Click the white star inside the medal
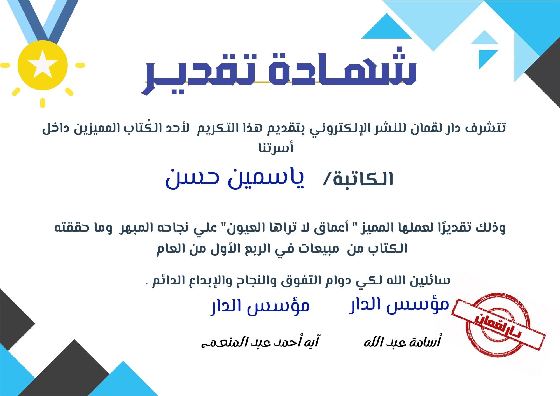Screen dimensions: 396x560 pyautogui.click(x=42, y=64)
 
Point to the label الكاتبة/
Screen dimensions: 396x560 pyautogui.click(x=358, y=179)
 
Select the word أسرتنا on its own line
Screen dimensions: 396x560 pyautogui.click(x=276, y=148)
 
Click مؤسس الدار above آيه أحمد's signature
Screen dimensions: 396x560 pyautogui.click(x=260, y=306)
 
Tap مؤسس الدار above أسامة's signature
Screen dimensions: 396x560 pyautogui.click(x=399, y=305)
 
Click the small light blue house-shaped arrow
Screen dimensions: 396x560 pyautogui.click(x=484, y=38)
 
